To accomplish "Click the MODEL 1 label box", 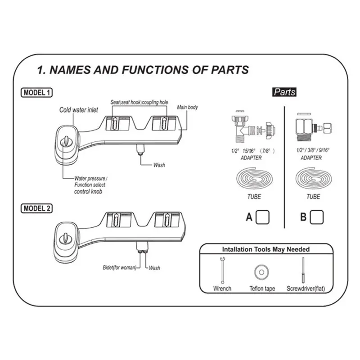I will click(37, 93).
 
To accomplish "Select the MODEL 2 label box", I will click(37, 208).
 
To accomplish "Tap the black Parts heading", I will click(284, 92).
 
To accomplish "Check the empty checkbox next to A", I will click(262, 217).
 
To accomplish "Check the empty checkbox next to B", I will click(317, 217).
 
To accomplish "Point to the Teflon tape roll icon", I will click(261, 271).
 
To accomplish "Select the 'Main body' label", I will click(187, 108).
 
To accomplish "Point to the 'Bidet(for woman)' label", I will click(118, 268).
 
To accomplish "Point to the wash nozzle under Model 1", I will click(140, 150).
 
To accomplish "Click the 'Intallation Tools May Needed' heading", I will click(266, 249).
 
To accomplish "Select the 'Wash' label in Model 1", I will click(159, 165).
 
